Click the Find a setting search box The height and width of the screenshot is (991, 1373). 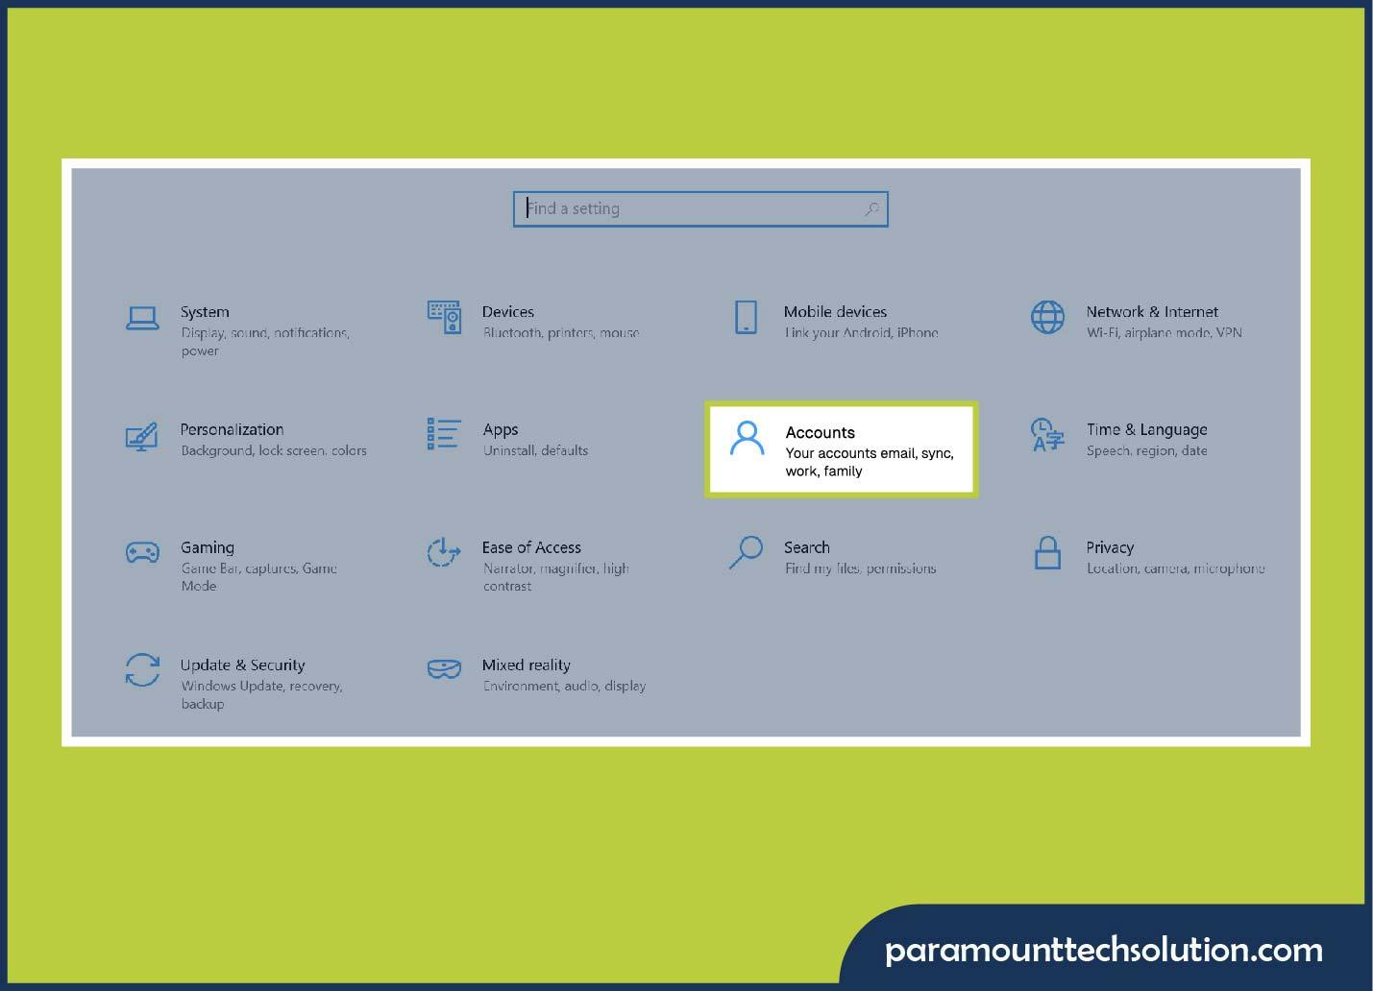pos(692,209)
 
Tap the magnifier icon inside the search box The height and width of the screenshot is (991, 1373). pos(871,209)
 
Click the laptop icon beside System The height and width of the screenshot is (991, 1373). pos(142,318)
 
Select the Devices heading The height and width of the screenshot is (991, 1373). pos(507,312)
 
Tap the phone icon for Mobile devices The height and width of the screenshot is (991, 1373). pos(746,317)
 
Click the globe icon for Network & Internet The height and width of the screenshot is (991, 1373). pos(1047,317)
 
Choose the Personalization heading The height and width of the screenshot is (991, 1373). pos(232,429)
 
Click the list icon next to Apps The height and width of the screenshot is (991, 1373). pos(443,434)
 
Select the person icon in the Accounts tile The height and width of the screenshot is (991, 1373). pos(747,438)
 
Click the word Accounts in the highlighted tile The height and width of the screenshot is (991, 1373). pos(820,432)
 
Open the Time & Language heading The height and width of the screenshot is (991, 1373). pos(1146,429)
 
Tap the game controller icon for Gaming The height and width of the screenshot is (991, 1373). pos(142,552)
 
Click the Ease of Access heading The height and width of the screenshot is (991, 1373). pos(531,547)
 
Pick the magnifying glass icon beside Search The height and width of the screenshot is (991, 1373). pos(746,552)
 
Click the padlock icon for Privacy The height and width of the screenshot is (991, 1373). pos(1047,553)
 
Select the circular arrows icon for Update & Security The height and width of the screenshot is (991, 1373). pos(142,670)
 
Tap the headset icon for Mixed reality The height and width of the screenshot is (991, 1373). pos(443,668)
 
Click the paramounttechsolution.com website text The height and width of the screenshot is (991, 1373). pos(1103,950)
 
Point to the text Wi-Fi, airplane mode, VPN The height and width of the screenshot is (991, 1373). pos(1164,333)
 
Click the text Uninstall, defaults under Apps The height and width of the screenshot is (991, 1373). pos(535,450)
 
